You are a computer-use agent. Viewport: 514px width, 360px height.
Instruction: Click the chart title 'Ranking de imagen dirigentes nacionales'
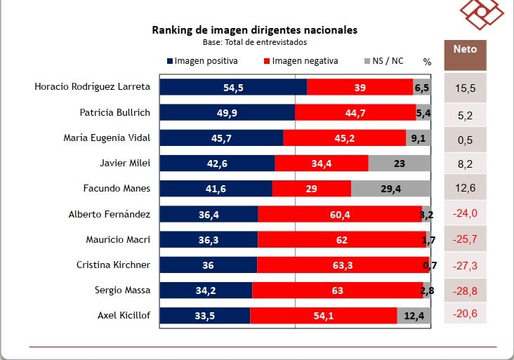[255, 30]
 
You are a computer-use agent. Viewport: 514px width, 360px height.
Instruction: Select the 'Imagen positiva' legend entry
[203, 61]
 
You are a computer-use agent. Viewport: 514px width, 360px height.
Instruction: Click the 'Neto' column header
[465, 50]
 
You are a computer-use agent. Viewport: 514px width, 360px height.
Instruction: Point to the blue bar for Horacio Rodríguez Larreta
[233, 87]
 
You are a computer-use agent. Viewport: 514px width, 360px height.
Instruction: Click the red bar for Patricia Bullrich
[355, 112]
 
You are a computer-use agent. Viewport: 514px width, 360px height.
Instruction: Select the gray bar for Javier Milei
[400, 164]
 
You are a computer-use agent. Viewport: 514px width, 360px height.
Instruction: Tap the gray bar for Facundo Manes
[390, 189]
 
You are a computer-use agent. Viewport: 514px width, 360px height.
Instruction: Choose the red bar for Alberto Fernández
[340, 214]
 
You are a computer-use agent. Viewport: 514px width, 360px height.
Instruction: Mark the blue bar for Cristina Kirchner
[208, 265]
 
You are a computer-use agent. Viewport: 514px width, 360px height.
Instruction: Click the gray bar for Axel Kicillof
[414, 316]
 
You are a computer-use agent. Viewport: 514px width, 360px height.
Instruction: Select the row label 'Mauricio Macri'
[118, 240]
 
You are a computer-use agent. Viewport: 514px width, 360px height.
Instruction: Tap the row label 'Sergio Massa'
[122, 291]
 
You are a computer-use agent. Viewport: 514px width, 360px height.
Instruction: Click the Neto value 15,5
[466, 88]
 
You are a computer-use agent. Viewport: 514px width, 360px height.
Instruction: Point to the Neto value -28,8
[466, 290]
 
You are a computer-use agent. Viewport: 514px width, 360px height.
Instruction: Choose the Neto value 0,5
[466, 140]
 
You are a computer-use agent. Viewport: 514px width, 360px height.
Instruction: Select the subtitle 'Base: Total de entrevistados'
[255, 42]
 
